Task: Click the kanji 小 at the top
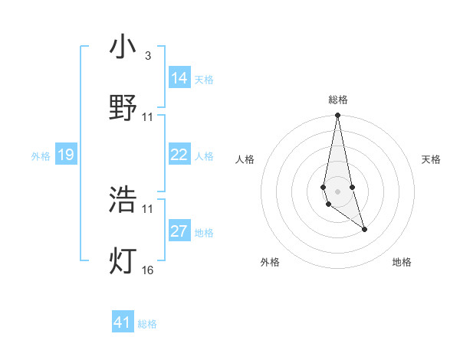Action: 123,47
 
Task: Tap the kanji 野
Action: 123,107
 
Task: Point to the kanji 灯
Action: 123,260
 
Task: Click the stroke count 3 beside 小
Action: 147,56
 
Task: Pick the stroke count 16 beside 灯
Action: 148,269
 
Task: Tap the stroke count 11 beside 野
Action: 148,116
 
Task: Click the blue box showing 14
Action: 179,78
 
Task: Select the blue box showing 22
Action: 179,155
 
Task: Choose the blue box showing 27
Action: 179,231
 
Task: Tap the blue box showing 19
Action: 66,155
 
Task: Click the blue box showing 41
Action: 123,322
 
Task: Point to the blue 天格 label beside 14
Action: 204,79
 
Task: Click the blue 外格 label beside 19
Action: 41,155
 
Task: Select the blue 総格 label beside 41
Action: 147,323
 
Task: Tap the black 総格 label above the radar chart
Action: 338,100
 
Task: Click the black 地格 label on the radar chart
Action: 402,262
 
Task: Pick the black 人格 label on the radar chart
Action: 245,159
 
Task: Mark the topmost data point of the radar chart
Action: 338,116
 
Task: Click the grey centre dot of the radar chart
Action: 338,191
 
